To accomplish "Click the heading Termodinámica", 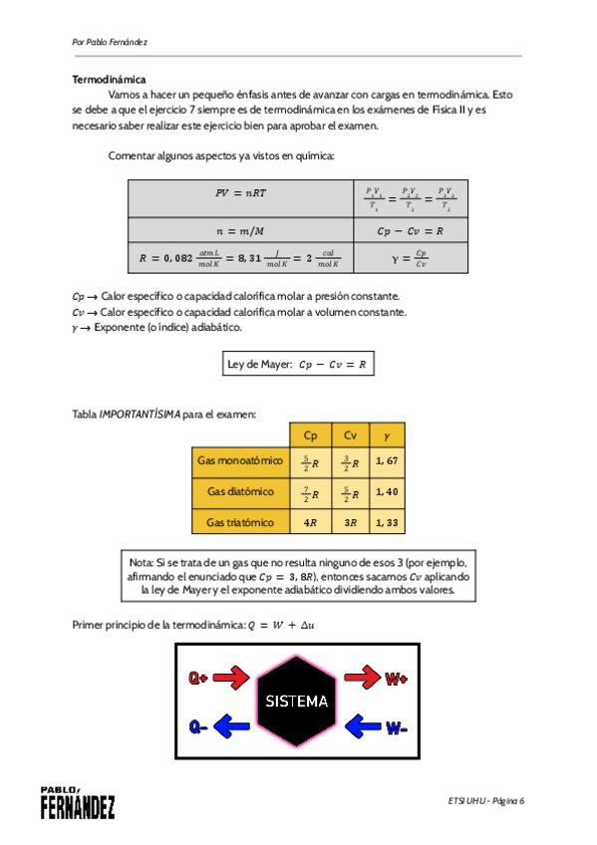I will coord(110,79).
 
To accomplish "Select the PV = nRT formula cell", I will coord(241,195).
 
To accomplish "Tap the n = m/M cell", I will coord(241,230).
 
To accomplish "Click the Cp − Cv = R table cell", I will coord(411,230).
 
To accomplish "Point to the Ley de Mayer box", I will coord(297,365).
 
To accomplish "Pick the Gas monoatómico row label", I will coord(240,461).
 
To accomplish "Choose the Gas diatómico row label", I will coord(240,492).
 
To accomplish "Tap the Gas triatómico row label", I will coord(240,522).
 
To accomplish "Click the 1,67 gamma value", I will coord(388,461).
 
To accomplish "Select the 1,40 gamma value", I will coord(388,492).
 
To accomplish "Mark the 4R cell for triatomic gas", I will coord(310,522).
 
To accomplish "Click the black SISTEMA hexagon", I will coord(296,701).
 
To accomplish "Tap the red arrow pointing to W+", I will coord(363,679).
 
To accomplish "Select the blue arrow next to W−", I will coord(363,725).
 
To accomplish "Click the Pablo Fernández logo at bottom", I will coord(77,803).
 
